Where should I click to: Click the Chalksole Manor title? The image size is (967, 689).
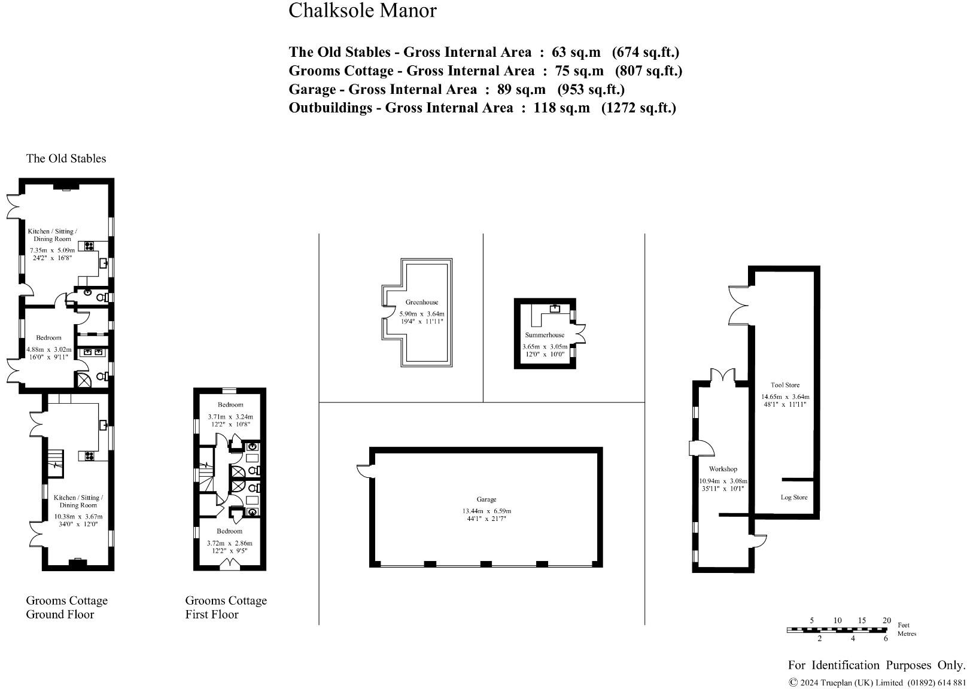[x=362, y=10]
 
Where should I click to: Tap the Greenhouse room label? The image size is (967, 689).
[x=421, y=302]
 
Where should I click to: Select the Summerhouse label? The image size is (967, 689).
[x=545, y=335]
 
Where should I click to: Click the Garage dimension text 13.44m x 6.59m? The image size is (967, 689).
[x=486, y=511]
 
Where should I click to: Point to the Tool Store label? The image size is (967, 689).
[x=784, y=385]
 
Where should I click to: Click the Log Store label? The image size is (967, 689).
[x=793, y=497]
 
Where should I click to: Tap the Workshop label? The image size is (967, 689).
[x=723, y=469]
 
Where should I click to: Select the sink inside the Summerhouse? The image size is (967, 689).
[x=554, y=309]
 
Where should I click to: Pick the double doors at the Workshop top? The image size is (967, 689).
[x=723, y=376]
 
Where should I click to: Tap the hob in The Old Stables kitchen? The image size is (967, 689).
[x=90, y=245]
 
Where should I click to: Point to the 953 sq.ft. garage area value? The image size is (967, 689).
[x=591, y=89]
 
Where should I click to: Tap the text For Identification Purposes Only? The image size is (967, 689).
[x=876, y=665]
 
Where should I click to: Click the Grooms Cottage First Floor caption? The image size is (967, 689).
[x=226, y=607]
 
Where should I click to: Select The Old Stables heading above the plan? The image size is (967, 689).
[x=66, y=158]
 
